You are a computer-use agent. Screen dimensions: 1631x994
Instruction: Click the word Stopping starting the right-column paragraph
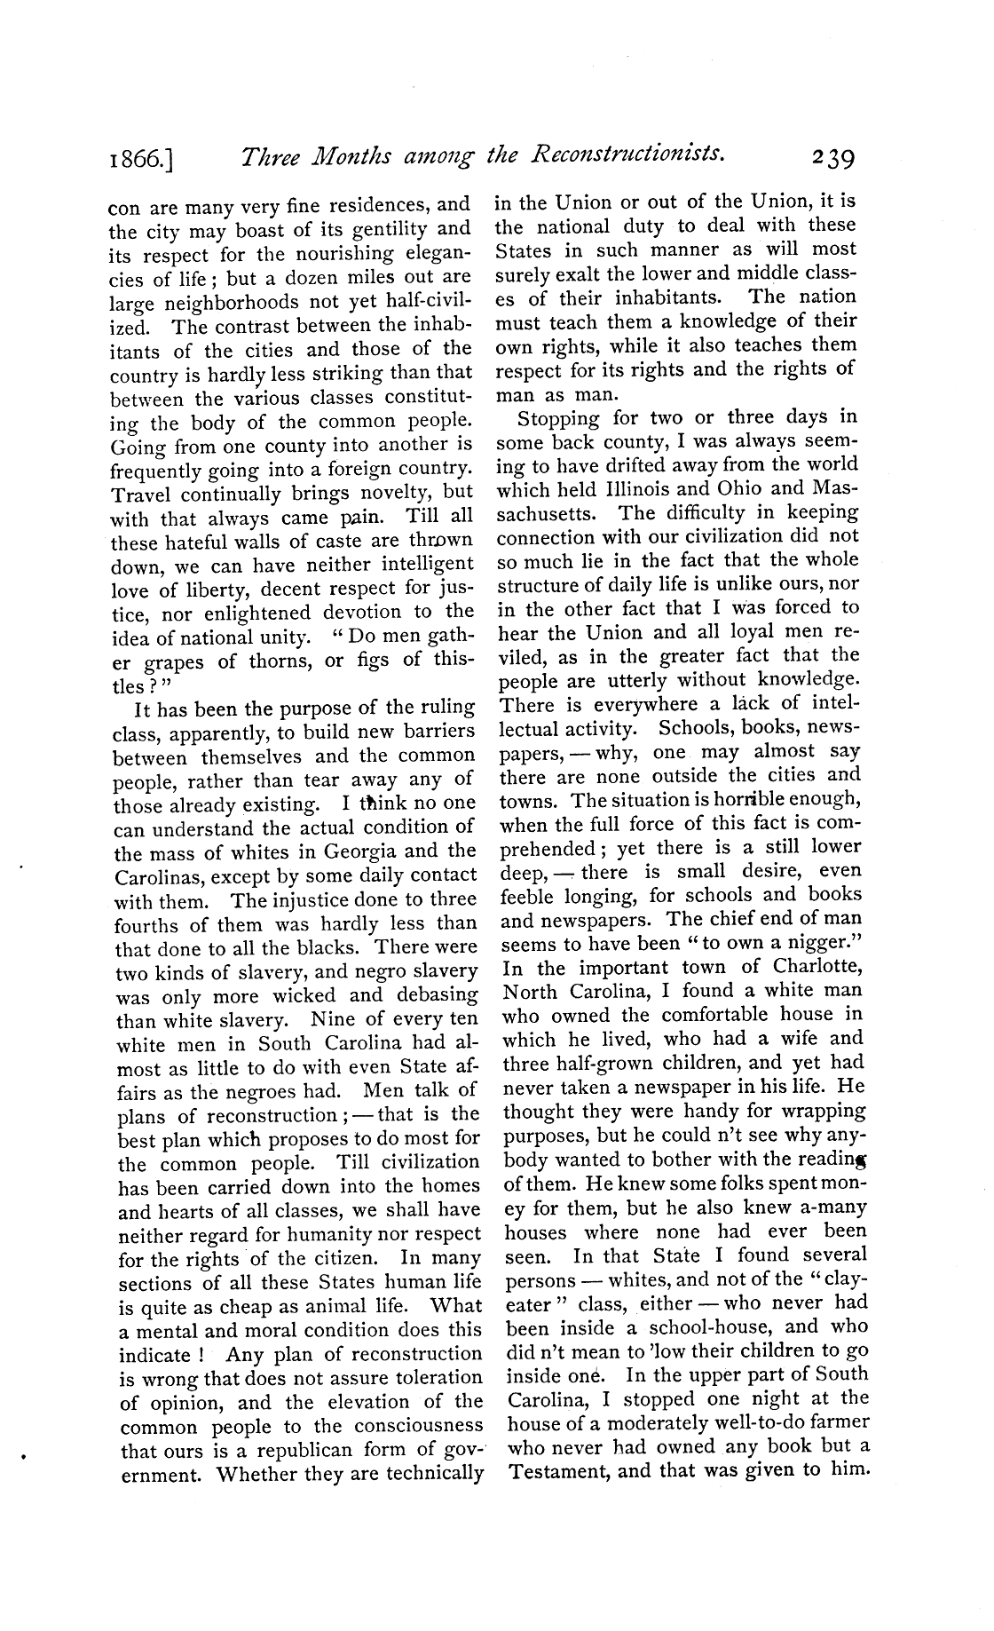pos(559,417)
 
